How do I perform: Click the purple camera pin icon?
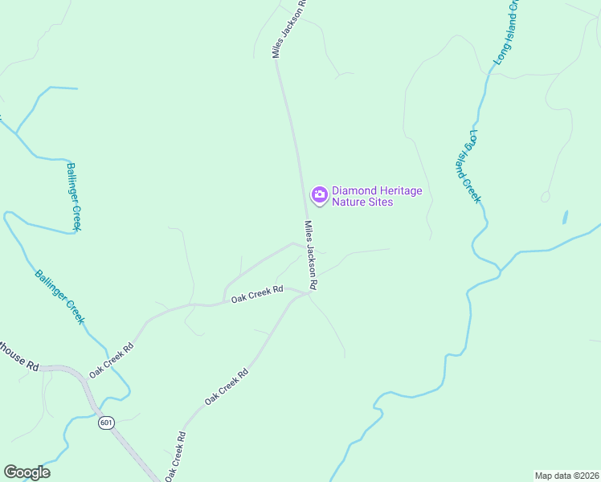[x=319, y=195]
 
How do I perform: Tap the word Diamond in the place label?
[x=353, y=190]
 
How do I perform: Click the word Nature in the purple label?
[x=350, y=202]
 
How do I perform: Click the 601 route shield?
[x=106, y=422]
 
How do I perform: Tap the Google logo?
[x=27, y=472]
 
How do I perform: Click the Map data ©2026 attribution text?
[x=566, y=475]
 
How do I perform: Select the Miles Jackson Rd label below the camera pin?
[x=311, y=255]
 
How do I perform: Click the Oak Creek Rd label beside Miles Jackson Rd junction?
[x=257, y=296]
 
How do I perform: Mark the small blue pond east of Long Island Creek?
[x=566, y=217]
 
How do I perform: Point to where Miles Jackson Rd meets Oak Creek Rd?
[x=310, y=293]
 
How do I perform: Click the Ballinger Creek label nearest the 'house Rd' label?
[x=59, y=296]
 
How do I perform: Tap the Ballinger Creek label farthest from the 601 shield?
[x=74, y=197]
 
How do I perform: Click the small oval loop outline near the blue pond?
[x=546, y=196]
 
